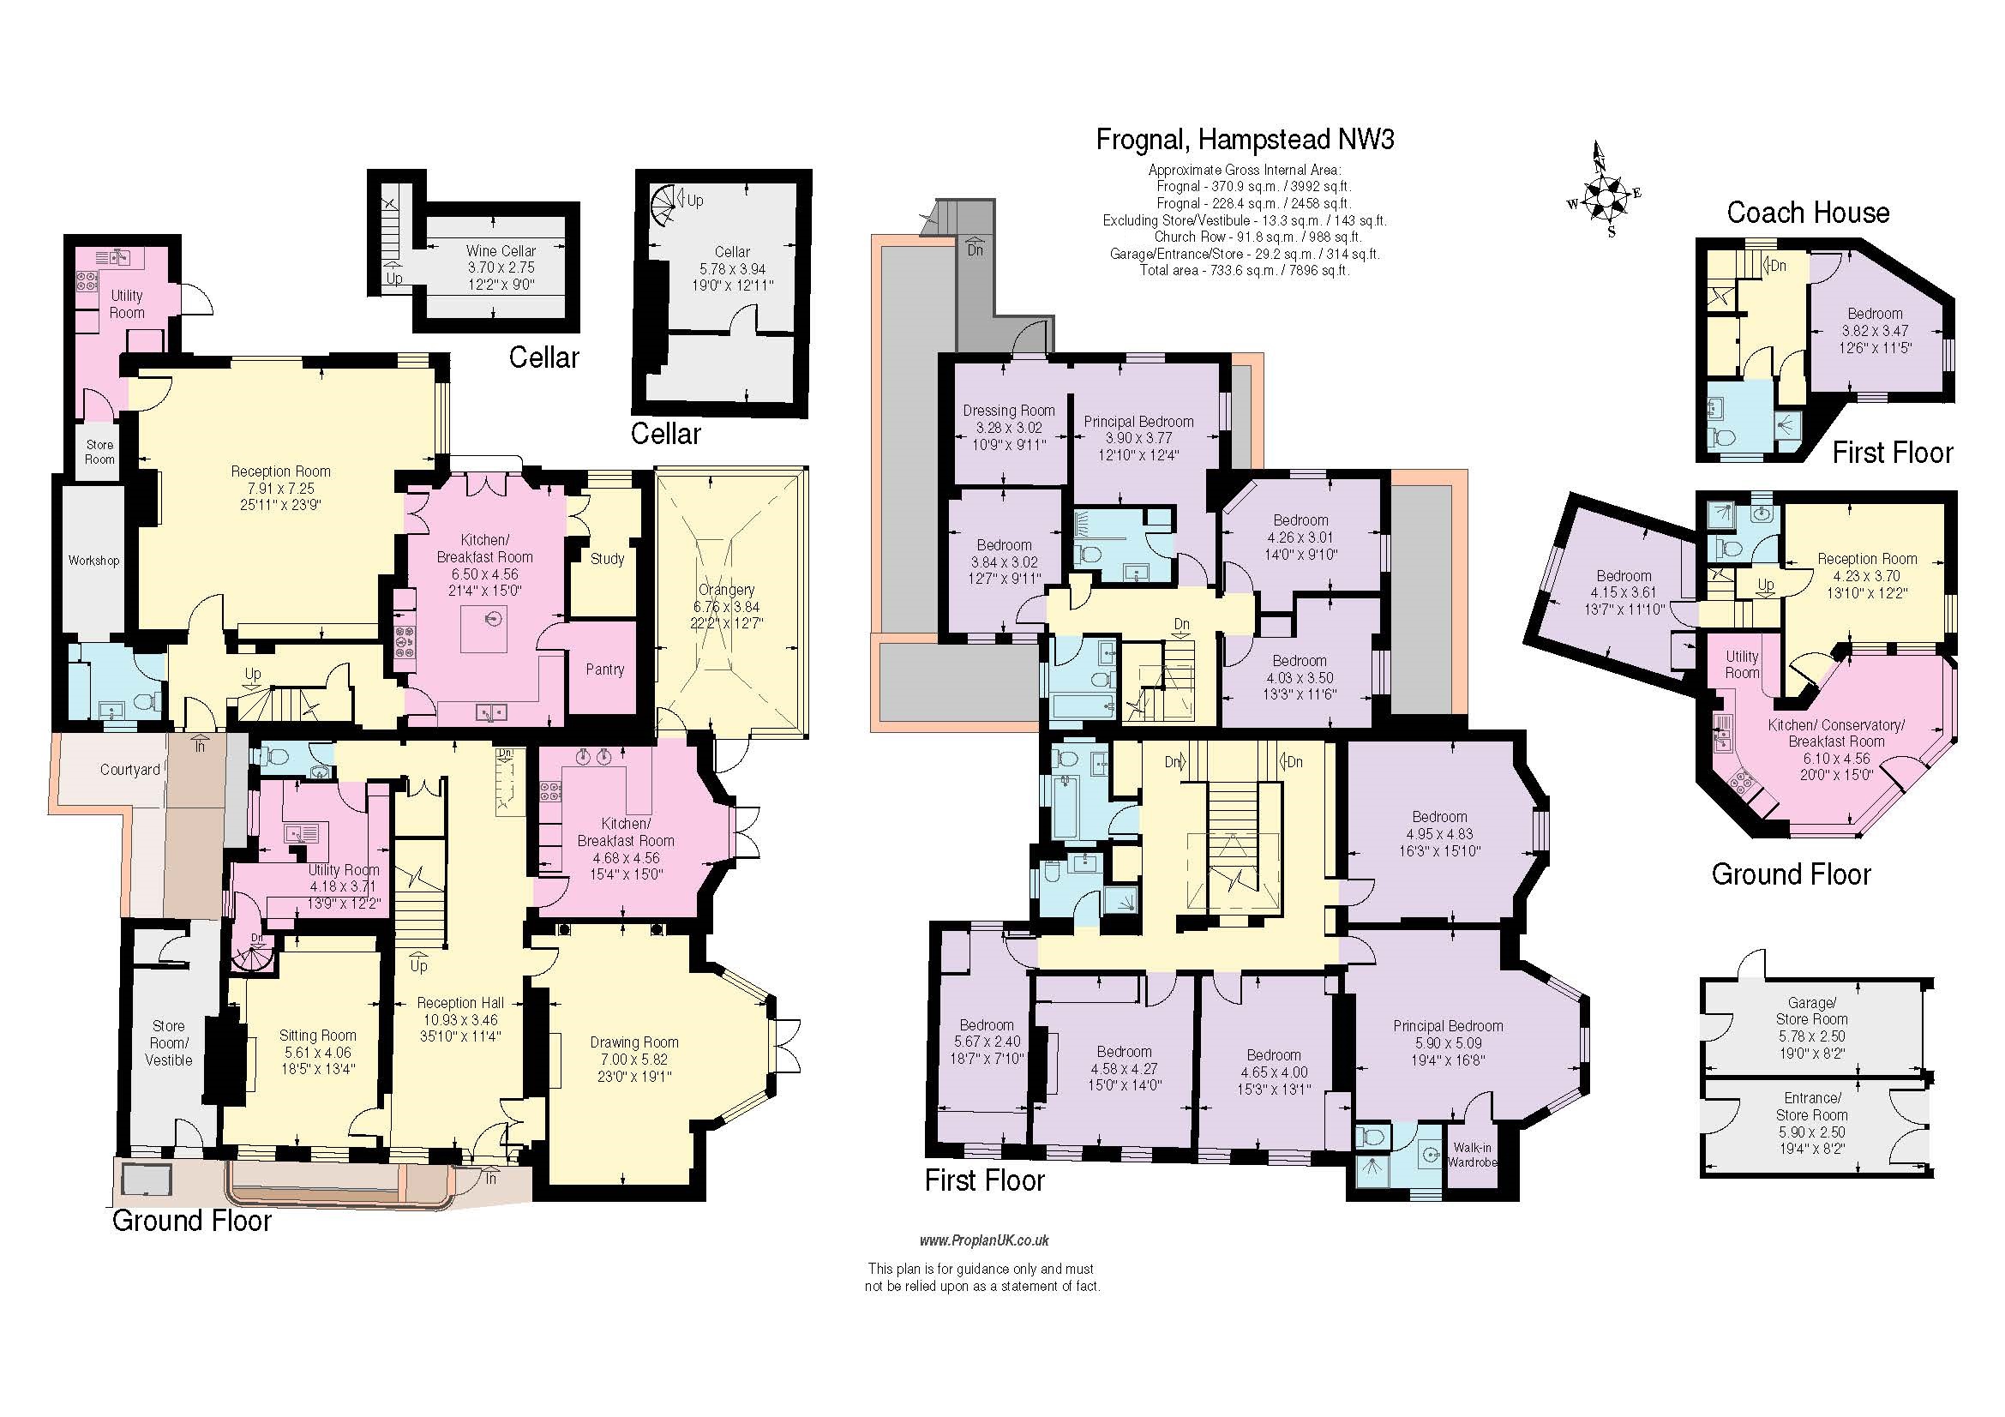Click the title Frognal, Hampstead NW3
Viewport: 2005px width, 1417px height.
(1245, 140)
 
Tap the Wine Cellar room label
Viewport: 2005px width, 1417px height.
(501, 250)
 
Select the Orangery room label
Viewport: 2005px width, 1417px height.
(726, 590)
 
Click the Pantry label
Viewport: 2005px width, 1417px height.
(604, 669)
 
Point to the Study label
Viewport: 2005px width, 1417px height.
(607, 559)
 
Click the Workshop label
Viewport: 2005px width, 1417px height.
(93, 561)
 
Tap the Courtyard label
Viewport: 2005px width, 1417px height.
(129, 769)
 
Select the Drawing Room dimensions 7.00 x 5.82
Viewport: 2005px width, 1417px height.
(634, 1059)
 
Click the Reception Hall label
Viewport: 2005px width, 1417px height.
(460, 1003)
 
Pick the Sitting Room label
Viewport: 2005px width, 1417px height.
(317, 1035)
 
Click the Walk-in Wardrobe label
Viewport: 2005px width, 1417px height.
(1472, 1155)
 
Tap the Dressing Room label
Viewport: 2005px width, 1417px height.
(1009, 411)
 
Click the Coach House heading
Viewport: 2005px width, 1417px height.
(1808, 213)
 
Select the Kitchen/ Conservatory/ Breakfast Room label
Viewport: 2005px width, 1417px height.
(1835, 734)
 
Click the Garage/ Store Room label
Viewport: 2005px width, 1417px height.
(1811, 1011)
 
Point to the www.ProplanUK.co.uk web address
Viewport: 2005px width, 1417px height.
(983, 1240)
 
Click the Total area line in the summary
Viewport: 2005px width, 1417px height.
(1245, 271)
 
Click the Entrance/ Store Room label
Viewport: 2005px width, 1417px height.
(1811, 1106)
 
